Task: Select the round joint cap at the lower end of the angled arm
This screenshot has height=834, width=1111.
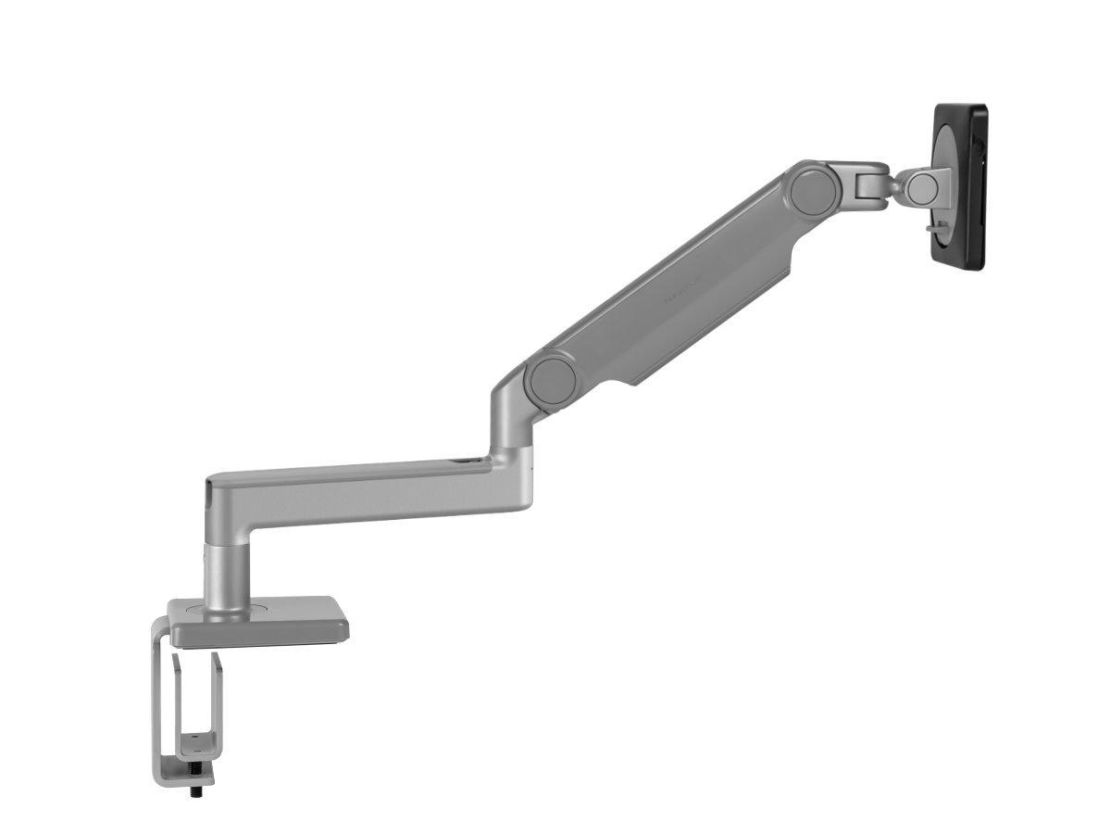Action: [552, 377]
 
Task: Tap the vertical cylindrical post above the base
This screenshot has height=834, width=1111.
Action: [226, 575]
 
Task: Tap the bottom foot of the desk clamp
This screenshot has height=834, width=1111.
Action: [185, 769]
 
